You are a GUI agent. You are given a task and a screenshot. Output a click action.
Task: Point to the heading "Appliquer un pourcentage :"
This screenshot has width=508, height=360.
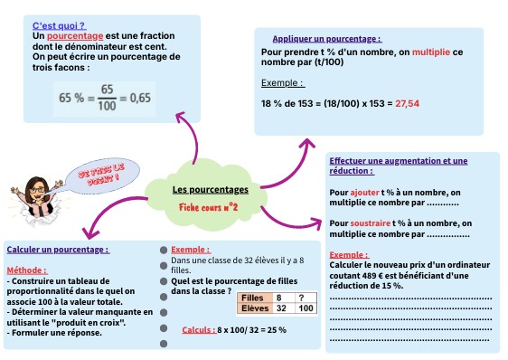326,39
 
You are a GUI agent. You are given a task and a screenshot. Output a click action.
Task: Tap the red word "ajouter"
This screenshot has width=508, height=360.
365,193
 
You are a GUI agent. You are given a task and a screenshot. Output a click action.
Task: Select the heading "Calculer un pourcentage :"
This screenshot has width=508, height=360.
58,250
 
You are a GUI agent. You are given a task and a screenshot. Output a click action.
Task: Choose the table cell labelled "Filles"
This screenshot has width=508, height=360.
254,297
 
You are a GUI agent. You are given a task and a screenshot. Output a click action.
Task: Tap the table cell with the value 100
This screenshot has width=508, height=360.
306,308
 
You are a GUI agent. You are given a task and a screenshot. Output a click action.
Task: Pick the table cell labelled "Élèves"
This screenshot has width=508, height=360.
254,308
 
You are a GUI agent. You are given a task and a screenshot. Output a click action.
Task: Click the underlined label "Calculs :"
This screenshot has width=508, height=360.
197,329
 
